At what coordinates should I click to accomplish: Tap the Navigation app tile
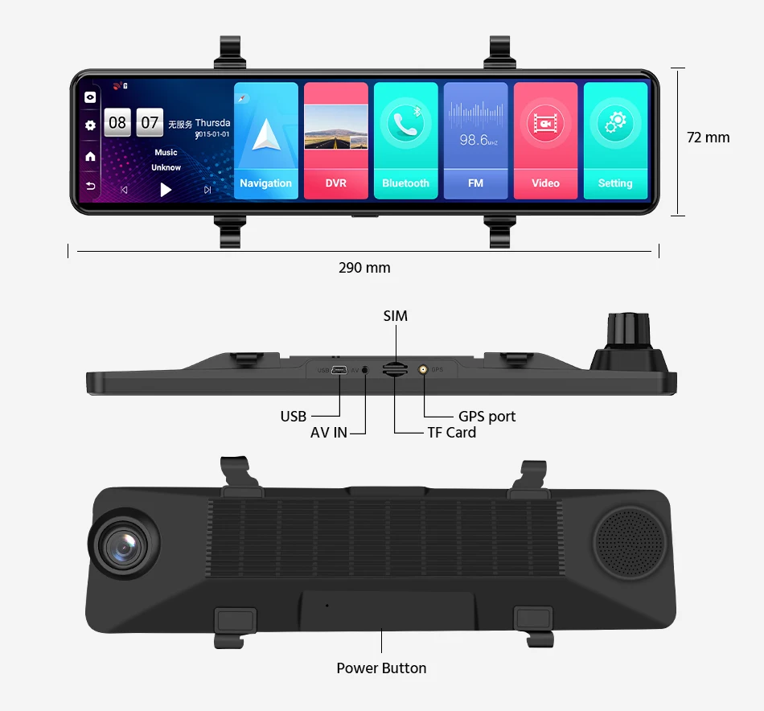click(265, 140)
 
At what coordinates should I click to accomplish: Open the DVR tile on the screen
click(336, 140)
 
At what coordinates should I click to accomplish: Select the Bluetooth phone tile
click(406, 140)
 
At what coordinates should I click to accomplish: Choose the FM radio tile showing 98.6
click(475, 140)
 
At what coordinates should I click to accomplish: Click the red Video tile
click(545, 140)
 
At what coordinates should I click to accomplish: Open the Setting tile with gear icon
click(615, 140)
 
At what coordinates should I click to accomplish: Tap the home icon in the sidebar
click(90, 156)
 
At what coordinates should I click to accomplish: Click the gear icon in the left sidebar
click(90, 125)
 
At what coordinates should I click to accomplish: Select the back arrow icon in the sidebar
click(90, 187)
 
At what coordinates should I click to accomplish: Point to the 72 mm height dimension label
click(708, 138)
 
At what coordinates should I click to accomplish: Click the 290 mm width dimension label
click(364, 268)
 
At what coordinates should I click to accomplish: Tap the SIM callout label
click(395, 316)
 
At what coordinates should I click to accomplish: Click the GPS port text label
click(487, 417)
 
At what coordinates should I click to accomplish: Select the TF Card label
click(451, 433)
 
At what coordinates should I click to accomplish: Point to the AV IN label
click(329, 433)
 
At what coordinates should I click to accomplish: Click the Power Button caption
click(381, 668)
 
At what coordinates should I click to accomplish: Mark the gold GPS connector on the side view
click(422, 370)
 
